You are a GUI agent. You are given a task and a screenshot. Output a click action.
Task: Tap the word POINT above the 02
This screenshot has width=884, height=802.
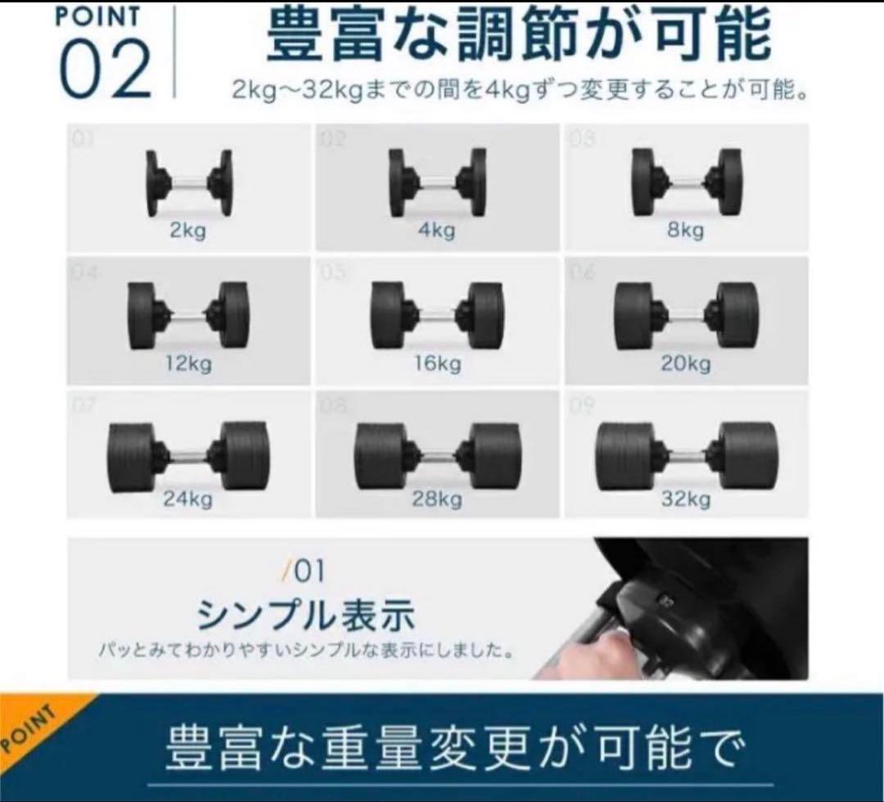click(x=98, y=16)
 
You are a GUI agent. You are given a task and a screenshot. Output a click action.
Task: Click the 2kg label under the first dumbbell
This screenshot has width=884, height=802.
click(x=187, y=230)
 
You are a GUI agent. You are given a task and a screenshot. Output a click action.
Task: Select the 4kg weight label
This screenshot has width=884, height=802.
click(x=436, y=230)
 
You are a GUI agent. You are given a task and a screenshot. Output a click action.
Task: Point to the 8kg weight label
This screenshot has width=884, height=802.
click(x=685, y=230)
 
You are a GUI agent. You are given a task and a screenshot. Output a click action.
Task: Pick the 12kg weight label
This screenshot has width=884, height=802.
click(x=187, y=363)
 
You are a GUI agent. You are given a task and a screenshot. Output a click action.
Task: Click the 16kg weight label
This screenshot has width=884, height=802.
click(x=436, y=363)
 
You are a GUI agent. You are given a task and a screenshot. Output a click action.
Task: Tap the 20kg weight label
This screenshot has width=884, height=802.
click(x=685, y=363)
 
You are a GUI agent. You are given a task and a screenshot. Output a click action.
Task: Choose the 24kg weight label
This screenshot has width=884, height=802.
click(x=187, y=498)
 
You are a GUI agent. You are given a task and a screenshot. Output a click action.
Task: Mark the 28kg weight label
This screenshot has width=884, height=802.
click(x=436, y=498)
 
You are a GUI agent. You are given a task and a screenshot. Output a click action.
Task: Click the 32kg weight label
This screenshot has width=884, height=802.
click(x=685, y=498)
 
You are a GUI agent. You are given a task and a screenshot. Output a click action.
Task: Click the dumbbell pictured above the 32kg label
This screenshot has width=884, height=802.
click(x=686, y=455)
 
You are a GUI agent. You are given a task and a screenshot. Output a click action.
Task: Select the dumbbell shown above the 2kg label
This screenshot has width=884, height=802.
click(x=188, y=182)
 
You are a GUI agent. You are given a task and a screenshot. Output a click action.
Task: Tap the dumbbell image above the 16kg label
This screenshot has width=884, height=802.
click(x=437, y=315)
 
